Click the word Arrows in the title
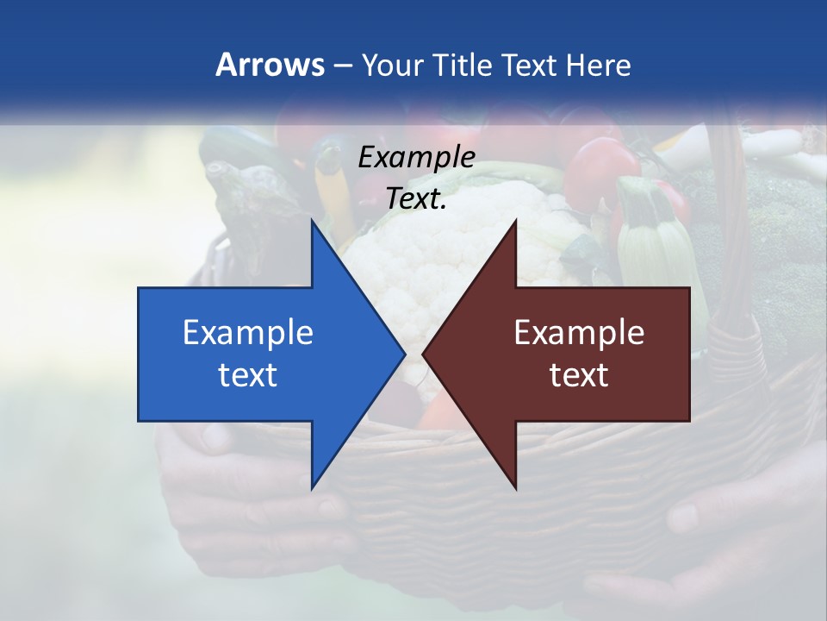point(270,65)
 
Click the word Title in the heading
point(463,65)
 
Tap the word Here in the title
point(598,65)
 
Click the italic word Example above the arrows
point(416,157)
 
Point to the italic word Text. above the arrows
point(416,198)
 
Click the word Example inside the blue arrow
point(248,332)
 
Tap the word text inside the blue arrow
point(248,374)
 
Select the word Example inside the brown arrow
point(579,332)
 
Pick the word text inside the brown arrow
point(579,374)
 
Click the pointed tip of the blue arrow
point(403,354)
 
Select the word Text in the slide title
point(529,65)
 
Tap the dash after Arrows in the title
point(342,66)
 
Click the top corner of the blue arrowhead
point(313,221)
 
